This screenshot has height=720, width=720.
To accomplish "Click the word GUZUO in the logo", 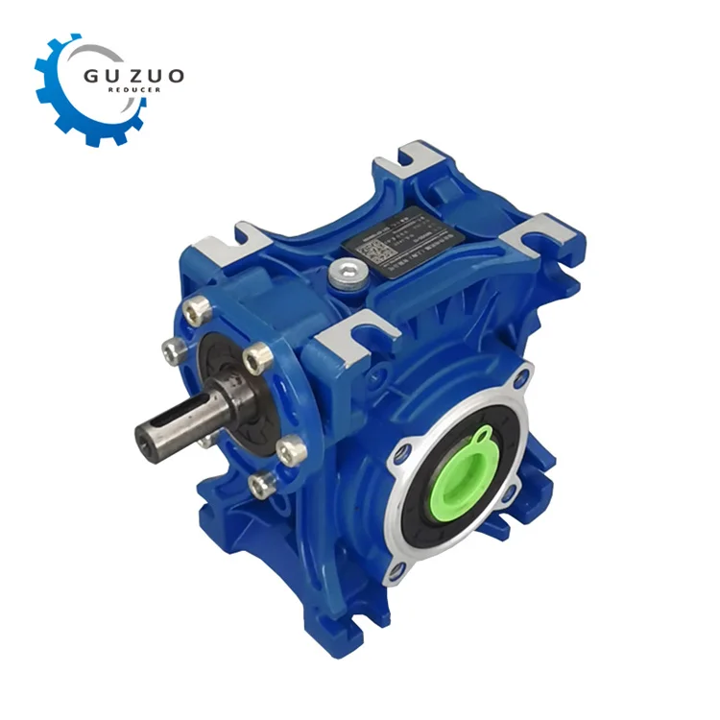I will pos(132,75).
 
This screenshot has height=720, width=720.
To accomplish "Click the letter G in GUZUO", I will pos(91,75).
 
